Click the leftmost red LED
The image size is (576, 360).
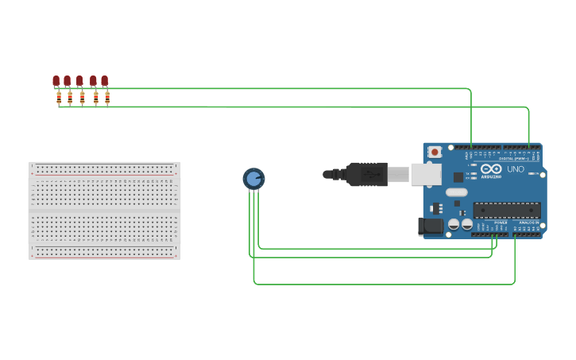coord(56,80)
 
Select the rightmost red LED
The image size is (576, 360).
coord(104,80)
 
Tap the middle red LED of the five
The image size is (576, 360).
coord(79,80)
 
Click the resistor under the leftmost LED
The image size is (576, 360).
coord(59,98)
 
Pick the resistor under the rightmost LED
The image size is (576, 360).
coord(107,98)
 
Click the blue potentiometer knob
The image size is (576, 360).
coord(253,179)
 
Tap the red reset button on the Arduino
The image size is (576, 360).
coord(435,152)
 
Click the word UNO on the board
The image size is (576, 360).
coord(516,168)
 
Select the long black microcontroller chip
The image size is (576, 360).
coord(507,211)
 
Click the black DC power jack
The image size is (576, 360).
coord(431,226)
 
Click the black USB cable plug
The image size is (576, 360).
coord(366,174)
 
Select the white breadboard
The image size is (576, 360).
coord(104,211)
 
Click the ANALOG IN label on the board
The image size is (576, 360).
coord(528,223)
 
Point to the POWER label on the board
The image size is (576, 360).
coord(501,223)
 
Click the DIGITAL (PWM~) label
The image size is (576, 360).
coord(512,159)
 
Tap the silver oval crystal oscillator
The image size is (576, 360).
coord(457,192)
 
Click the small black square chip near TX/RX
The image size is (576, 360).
coord(458,177)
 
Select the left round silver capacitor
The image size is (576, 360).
coord(454,224)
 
